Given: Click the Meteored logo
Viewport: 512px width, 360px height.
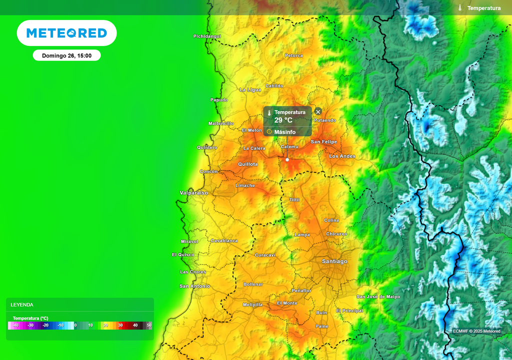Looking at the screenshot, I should pyautogui.click(x=66, y=33).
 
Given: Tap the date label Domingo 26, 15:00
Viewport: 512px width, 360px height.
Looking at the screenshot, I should pyautogui.click(x=66, y=55).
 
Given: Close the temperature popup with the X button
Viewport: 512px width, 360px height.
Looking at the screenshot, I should pyautogui.click(x=318, y=111).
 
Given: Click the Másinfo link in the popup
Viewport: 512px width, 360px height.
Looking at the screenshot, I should pyautogui.click(x=284, y=132).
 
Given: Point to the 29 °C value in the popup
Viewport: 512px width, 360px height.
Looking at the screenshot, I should pyautogui.click(x=283, y=120).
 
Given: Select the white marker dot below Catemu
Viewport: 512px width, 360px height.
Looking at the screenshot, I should pyautogui.click(x=287, y=160).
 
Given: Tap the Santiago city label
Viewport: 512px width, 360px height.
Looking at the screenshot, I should pyautogui.click(x=334, y=261).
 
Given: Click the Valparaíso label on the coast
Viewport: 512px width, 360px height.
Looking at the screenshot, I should pyautogui.click(x=193, y=193).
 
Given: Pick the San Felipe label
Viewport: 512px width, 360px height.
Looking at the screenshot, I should pyautogui.click(x=323, y=142).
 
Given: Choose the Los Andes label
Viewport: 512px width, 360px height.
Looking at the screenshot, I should pyautogui.click(x=342, y=156).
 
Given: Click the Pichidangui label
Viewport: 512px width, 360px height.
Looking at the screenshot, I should pyautogui.click(x=207, y=36).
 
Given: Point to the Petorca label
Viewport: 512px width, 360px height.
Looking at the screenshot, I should pyautogui.click(x=293, y=55).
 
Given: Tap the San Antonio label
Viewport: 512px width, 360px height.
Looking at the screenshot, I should pyautogui.click(x=194, y=286).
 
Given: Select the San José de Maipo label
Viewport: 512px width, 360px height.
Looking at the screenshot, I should pyautogui.click(x=378, y=296).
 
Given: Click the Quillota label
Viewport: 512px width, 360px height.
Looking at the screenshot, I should pyautogui.click(x=248, y=164).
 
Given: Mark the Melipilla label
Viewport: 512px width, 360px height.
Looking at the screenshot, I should pyautogui.click(x=252, y=304).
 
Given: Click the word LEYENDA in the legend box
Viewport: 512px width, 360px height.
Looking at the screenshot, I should pyautogui.click(x=22, y=304).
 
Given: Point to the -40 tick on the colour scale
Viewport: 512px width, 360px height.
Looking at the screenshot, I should pyautogui.click(x=15, y=325).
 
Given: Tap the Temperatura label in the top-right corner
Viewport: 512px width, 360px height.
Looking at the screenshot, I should pyautogui.click(x=483, y=8).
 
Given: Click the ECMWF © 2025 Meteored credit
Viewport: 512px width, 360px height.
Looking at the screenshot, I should pyautogui.click(x=476, y=331).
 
